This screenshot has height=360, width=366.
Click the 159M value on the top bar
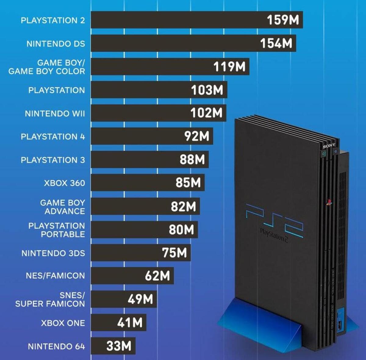point(283,20)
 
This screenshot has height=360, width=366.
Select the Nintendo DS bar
point(193,43)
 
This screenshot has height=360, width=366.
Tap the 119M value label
point(229,67)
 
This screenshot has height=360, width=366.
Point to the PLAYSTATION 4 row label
point(53,137)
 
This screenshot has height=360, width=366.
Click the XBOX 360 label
point(64,183)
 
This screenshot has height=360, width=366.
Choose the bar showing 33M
point(113,346)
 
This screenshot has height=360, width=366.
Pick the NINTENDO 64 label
point(56,347)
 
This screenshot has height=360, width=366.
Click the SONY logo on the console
point(329,146)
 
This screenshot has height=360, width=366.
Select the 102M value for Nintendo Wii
point(206,113)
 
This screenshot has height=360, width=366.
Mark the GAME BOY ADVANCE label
point(63,207)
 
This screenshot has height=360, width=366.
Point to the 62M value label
point(157,276)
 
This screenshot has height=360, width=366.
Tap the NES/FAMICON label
point(55,276)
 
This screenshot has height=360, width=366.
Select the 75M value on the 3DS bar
point(174,253)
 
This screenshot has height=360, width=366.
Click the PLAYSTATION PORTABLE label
point(57,230)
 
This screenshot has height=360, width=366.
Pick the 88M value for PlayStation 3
point(192,160)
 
